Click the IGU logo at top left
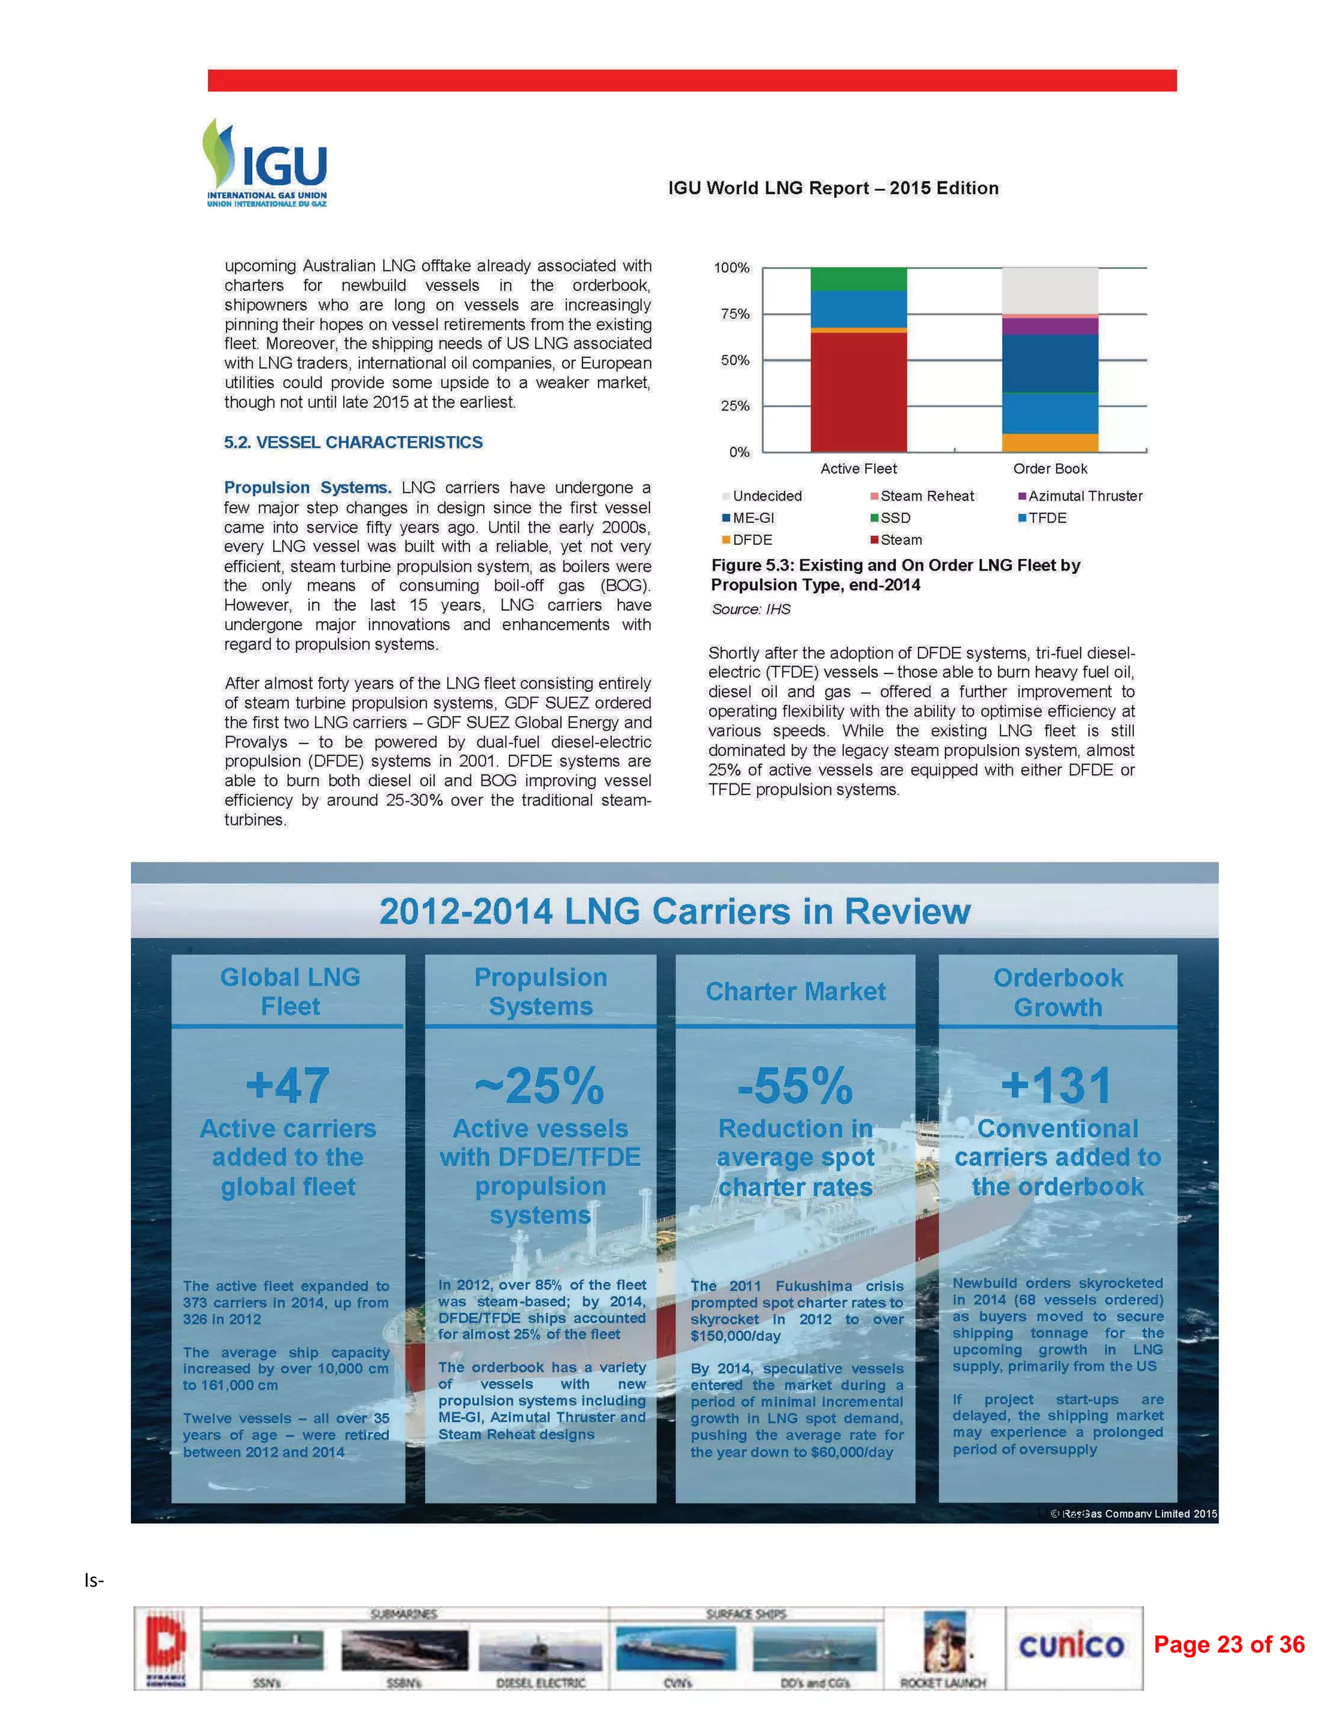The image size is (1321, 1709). point(265,164)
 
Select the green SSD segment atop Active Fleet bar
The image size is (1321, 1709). point(859,279)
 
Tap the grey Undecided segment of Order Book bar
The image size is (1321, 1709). point(1049,290)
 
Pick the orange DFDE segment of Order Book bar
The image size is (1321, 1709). point(1049,442)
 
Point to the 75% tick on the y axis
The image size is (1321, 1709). point(735,314)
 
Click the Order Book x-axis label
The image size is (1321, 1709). point(1049,469)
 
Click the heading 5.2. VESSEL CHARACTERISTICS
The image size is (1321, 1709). point(353,442)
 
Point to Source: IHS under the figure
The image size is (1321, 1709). point(751,609)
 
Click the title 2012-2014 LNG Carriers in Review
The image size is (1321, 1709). point(674,912)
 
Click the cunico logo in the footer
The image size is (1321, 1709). point(1071,1646)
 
